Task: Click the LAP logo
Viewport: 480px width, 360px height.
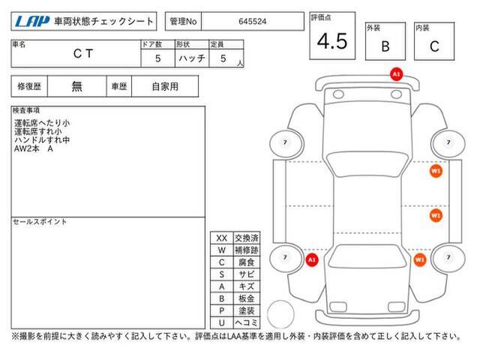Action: click(x=32, y=22)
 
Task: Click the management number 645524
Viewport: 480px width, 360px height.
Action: click(x=253, y=22)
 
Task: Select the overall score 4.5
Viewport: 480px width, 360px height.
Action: click(x=332, y=41)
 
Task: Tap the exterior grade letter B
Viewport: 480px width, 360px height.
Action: click(x=385, y=46)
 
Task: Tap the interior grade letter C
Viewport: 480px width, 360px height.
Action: click(x=434, y=46)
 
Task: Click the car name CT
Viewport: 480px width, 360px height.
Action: click(x=83, y=53)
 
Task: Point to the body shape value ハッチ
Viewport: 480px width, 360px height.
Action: click(x=192, y=58)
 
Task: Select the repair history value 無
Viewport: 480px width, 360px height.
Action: click(x=76, y=86)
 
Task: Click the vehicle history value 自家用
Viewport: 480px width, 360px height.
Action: click(x=165, y=86)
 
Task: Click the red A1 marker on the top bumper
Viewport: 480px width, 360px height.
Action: click(x=396, y=74)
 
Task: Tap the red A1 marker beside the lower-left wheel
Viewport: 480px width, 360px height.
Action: click(x=312, y=260)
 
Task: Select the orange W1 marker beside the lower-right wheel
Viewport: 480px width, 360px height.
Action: click(x=420, y=260)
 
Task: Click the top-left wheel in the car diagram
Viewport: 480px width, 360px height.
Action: click(x=286, y=143)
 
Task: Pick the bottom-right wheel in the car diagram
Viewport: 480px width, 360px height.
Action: click(x=448, y=258)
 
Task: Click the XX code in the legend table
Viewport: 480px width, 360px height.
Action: click(x=222, y=238)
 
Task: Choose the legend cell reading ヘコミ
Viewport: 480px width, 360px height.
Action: click(x=247, y=322)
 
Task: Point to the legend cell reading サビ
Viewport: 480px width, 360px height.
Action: click(x=247, y=274)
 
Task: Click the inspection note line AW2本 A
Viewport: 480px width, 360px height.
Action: click(x=33, y=148)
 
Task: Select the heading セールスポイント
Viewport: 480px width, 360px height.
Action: click(x=40, y=222)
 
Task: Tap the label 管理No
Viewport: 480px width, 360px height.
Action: click(x=183, y=22)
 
